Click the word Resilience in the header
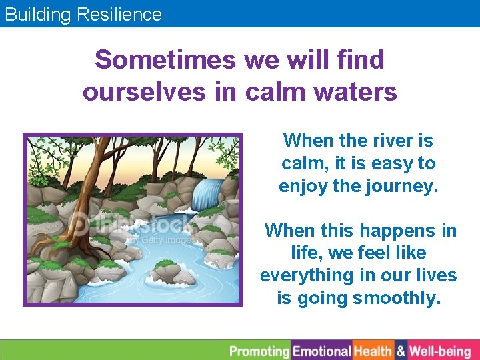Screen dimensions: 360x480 coord(123,14)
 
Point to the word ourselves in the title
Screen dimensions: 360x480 coord(144,92)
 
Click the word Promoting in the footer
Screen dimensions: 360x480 coord(259,351)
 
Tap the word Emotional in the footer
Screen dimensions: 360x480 coord(322,351)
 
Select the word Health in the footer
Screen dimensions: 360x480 coord(373,351)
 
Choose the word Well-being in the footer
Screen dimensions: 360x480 coord(440,351)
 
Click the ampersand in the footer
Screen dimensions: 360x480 coord(401,351)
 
